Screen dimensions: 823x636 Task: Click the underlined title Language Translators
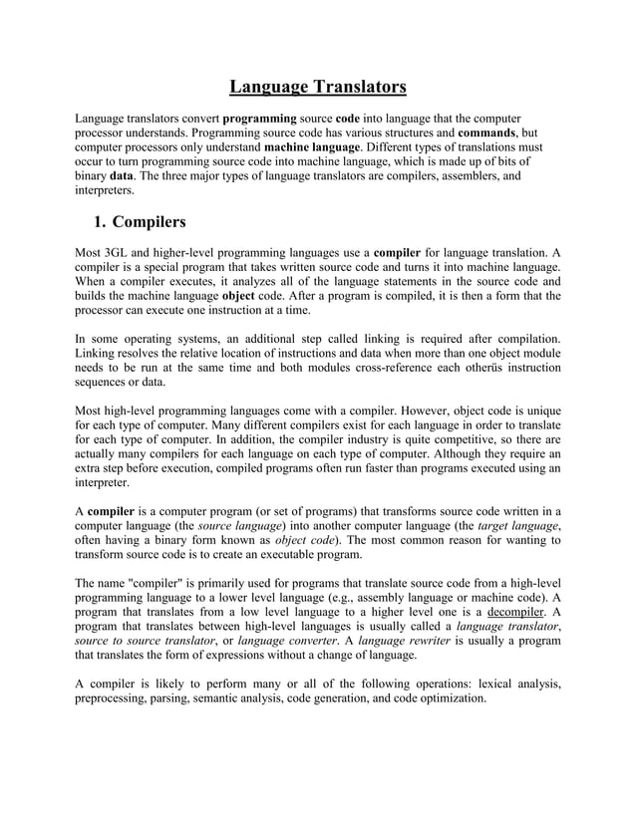click(318, 87)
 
